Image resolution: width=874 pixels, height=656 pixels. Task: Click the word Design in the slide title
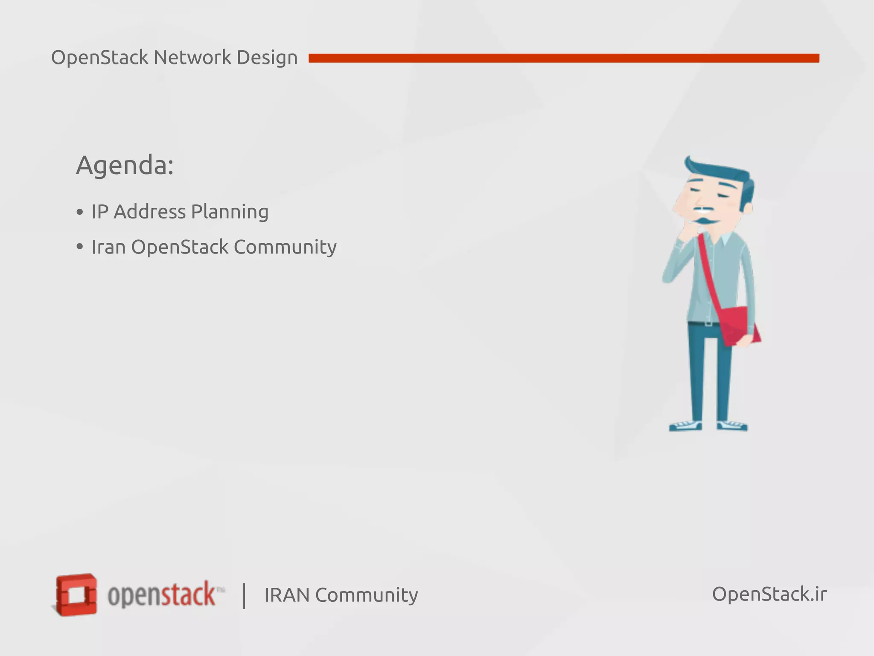point(267,58)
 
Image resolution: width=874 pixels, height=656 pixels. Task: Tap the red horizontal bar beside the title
point(563,58)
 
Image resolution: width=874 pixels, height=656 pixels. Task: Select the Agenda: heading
point(125,165)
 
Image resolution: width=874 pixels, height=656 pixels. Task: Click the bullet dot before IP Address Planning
point(80,212)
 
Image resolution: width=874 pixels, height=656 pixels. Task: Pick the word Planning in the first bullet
point(230,212)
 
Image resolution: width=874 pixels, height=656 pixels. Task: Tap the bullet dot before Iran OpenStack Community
point(80,247)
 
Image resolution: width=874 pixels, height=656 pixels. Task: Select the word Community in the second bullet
point(285,247)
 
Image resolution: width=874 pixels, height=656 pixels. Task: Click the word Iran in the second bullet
point(108,247)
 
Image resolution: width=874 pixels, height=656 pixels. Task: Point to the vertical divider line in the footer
point(244,595)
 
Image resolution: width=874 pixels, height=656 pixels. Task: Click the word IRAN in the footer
point(286,595)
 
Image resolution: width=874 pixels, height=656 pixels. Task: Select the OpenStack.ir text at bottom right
point(769,594)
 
